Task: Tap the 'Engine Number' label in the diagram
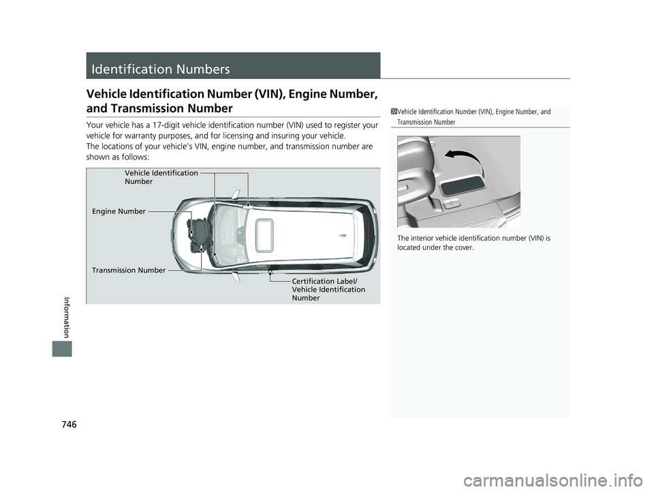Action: pos(119,211)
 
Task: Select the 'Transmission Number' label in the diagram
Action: pos(129,271)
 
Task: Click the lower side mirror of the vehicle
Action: pos(236,277)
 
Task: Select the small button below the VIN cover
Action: pos(449,204)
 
